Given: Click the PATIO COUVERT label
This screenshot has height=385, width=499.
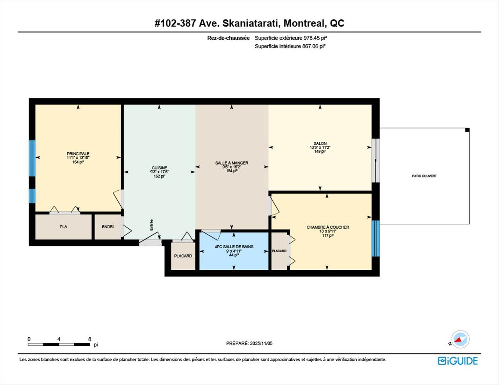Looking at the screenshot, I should (x=424, y=176).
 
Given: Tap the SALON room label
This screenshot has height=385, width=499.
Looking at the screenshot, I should (x=320, y=144).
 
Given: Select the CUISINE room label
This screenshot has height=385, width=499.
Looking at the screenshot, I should (x=159, y=168).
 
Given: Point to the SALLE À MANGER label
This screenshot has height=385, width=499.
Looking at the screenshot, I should (x=232, y=163).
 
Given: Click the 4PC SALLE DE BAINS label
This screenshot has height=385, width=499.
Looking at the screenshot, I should (x=234, y=247).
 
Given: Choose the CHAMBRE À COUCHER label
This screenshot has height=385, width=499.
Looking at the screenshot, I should (x=328, y=227).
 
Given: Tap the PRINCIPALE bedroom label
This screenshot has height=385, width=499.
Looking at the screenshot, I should (x=78, y=154).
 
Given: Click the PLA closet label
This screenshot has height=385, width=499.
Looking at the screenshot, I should (x=63, y=227).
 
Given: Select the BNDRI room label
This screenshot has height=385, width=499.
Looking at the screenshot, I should (x=108, y=227).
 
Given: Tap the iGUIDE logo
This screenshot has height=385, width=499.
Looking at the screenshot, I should (x=458, y=361).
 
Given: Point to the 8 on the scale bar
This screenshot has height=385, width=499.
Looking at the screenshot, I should (x=90, y=339).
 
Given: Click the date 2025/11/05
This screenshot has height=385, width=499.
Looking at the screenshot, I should (x=261, y=344).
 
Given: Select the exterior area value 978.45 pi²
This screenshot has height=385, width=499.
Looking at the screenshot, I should (x=315, y=38).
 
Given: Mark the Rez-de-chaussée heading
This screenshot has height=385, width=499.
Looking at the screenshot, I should (x=228, y=38).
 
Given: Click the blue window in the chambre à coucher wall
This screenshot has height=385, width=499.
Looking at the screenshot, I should (x=375, y=238).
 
